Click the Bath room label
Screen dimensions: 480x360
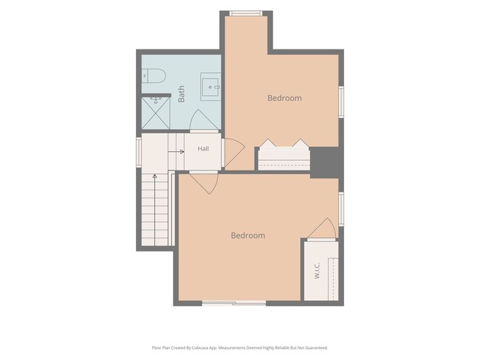pyautogui.click(x=181, y=94)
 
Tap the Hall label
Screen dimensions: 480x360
pyautogui.click(x=203, y=149)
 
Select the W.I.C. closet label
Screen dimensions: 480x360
pyautogui.click(x=317, y=271)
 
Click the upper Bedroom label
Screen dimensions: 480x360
pyautogui.click(x=284, y=98)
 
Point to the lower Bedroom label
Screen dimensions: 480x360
pyautogui.click(x=248, y=235)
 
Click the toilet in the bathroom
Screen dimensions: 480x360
pyautogui.click(x=154, y=76)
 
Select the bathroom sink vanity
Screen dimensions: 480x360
pyautogui.click(x=210, y=86)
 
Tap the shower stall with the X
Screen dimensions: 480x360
pyautogui.click(x=156, y=113)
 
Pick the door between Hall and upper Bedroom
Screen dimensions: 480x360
pyautogui.click(x=234, y=152)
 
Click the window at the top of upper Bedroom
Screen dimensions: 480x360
pyautogui.click(x=246, y=13)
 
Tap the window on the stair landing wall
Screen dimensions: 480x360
pyautogui.click(x=139, y=152)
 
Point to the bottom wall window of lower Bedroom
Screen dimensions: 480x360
pyautogui.click(x=234, y=303)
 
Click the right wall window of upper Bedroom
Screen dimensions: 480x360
pyautogui.click(x=341, y=102)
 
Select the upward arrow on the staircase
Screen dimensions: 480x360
pyautogui.click(x=155, y=210)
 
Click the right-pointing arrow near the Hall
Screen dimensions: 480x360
pyautogui.click(x=176, y=152)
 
